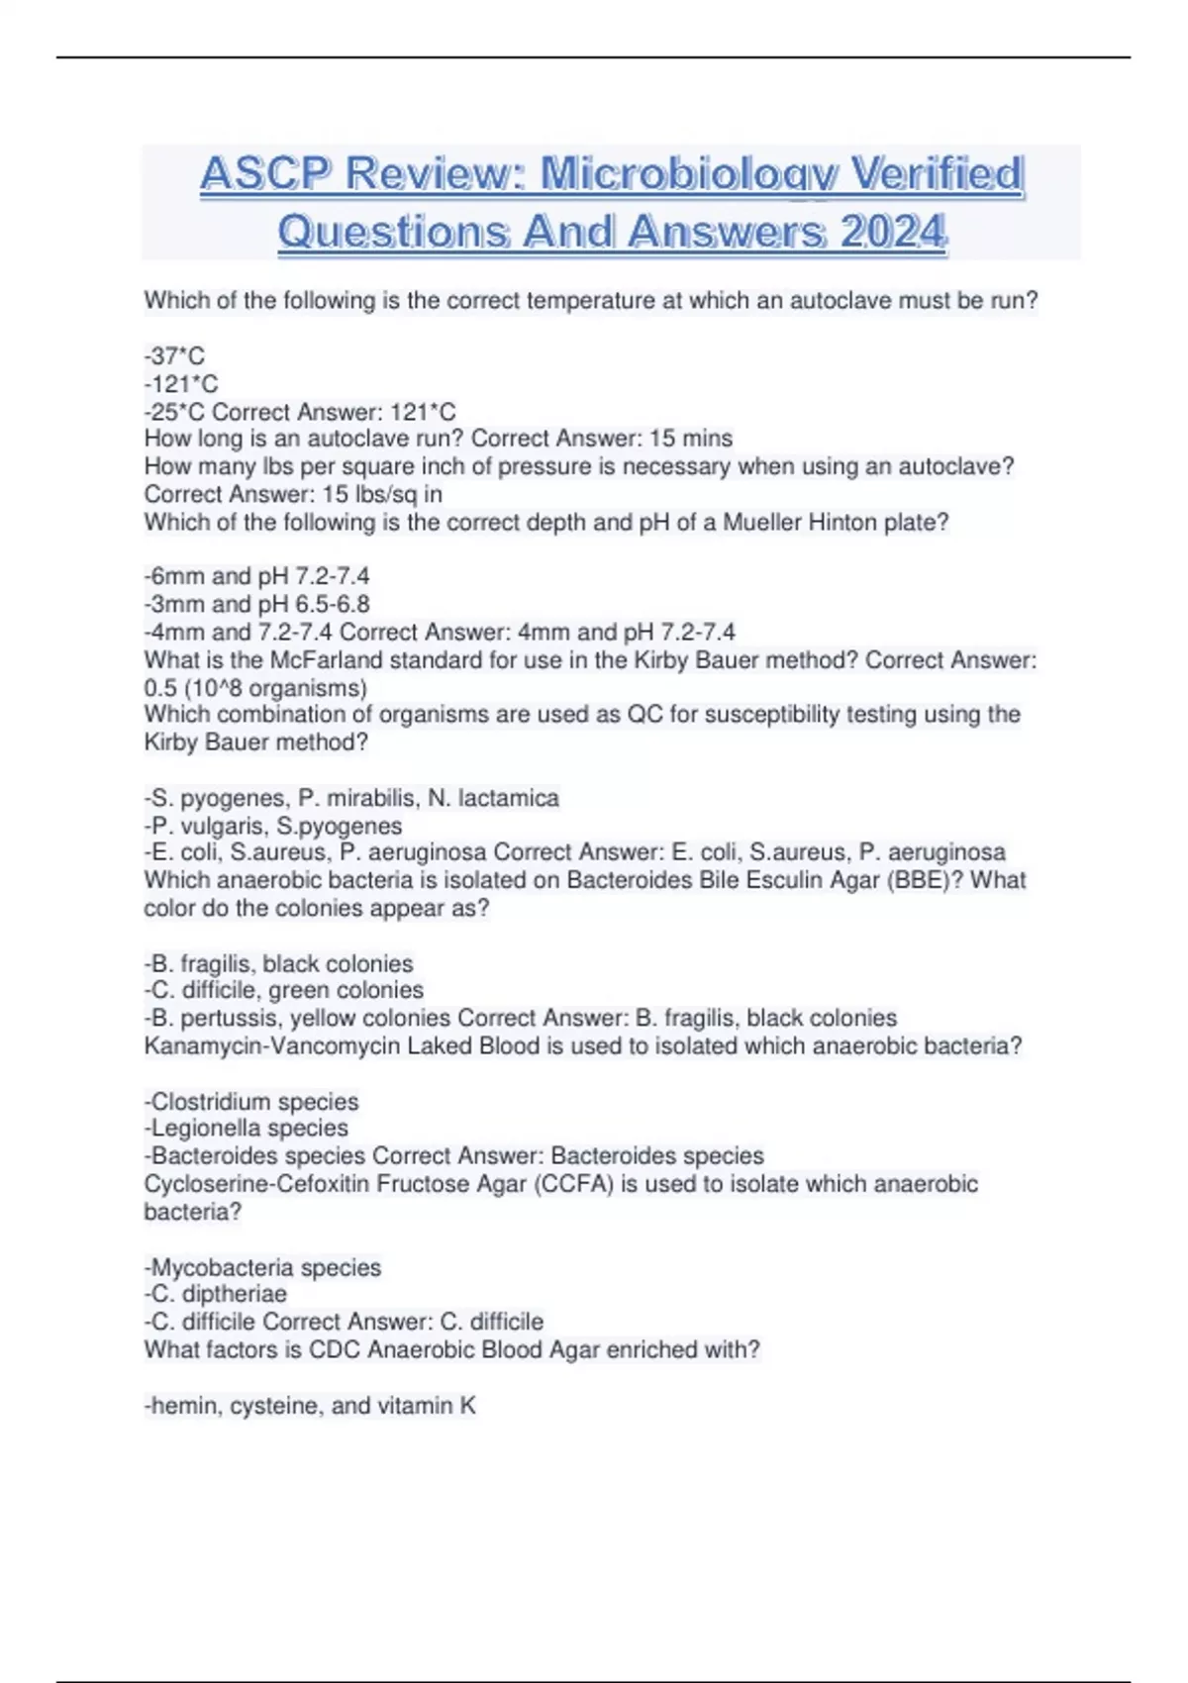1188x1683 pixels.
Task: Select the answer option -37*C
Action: click(174, 356)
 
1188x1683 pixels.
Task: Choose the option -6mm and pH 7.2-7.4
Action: click(256, 576)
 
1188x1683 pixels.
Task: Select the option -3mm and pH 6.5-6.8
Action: click(256, 604)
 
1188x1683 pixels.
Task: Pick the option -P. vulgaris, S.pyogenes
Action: click(273, 826)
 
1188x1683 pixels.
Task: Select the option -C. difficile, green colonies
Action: click(284, 990)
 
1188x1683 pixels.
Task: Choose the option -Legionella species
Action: click(247, 1129)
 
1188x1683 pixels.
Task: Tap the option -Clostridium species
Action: click(251, 1102)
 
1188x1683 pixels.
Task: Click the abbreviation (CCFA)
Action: click(573, 1184)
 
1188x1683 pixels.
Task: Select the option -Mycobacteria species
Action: click(262, 1267)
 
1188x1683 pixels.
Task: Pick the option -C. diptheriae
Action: click(216, 1294)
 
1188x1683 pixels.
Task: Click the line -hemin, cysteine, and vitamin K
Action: click(310, 1406)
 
